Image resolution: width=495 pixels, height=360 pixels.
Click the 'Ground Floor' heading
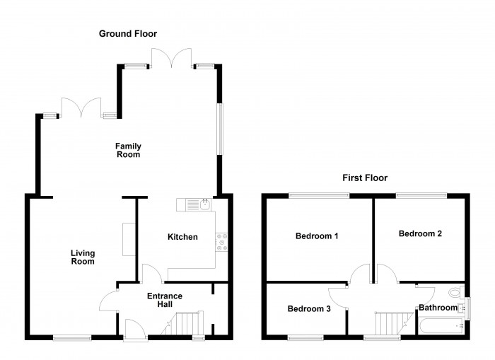[x=128, y=33]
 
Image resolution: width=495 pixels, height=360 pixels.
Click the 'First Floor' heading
[x=365, y=178]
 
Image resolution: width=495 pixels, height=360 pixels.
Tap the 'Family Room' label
[x=128, y=150]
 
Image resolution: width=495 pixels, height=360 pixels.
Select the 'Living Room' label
[x=83, y=257]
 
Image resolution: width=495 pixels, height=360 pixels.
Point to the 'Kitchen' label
[x=182, y=237]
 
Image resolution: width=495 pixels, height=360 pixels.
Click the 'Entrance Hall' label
[x=164, y=300]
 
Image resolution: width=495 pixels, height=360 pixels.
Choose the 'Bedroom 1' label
[x=317, y=236]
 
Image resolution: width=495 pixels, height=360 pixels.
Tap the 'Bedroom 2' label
[x=420, y=233]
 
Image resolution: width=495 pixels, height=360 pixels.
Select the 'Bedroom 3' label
[x=308, y=309]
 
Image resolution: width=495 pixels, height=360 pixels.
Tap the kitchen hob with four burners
[x=221, y=243]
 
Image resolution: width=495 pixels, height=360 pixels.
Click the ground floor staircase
[x=185, y=325]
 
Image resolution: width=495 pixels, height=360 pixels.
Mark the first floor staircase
[x=390, y=323]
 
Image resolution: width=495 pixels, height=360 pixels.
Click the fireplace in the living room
[x=128, y=239]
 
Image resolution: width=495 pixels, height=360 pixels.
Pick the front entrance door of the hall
[x=132, y=328]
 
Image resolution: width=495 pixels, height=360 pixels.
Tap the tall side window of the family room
[x=219, y=129]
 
